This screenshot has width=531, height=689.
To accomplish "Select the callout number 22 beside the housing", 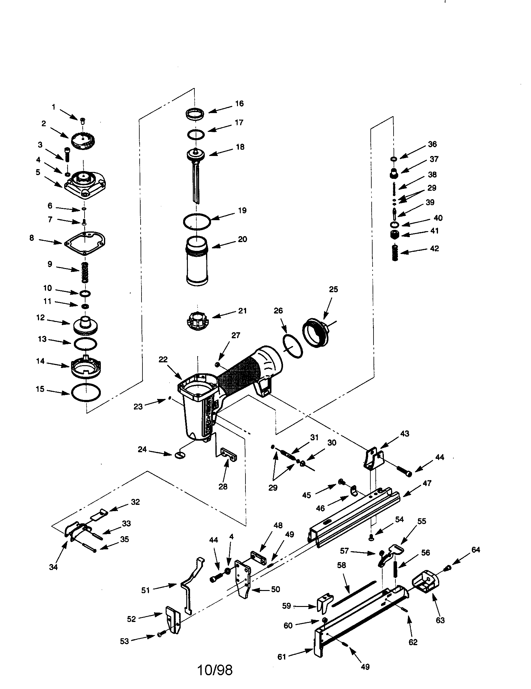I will [x=163, y=359].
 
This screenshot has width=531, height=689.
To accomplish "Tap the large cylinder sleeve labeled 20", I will [x=197, y=261].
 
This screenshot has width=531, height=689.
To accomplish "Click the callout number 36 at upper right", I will [x=432, y=144].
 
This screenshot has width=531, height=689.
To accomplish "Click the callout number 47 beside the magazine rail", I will [x=427, y=483].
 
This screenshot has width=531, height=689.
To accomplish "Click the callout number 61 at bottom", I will [x=281, y=656].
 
